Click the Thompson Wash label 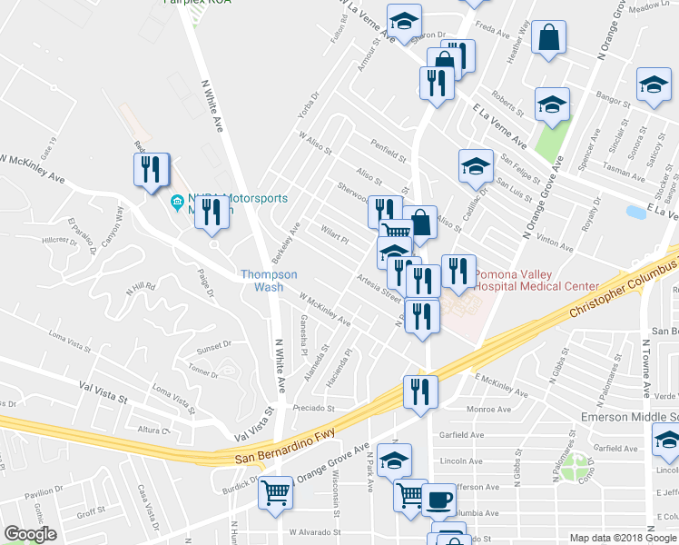(269, 280)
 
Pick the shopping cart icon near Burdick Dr (276, 494)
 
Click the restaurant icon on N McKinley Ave (151, 170)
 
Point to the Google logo (30, 534)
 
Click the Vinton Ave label (554, 241)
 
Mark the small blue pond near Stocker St (635, 212)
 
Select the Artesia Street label (379, 288)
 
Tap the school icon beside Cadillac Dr (476, 165)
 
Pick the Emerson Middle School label (630, 417)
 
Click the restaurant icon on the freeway (420, 391)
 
